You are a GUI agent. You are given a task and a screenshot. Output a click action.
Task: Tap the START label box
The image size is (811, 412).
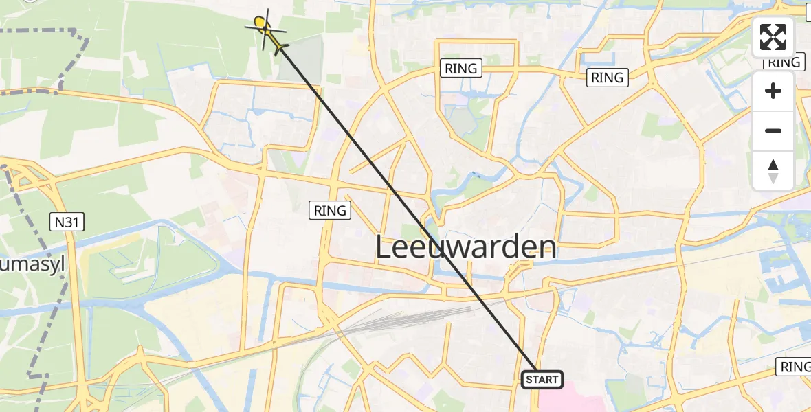pyautogui.click(x=542, y=380)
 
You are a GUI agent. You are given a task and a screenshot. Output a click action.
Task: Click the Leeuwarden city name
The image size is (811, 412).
pyautogui.click(x=465, y=248)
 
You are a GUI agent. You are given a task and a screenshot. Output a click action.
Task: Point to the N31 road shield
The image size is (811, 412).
pyautogui.click(x=67, y=221)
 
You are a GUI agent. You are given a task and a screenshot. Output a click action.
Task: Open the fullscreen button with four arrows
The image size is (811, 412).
pyautogui.click(x=773, y=37)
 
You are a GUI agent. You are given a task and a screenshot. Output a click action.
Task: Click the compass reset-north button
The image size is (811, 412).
pyautogui.click(x=773, y=171)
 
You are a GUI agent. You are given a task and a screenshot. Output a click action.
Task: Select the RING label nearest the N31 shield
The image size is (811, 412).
pyautogui.click(x=331, y=210)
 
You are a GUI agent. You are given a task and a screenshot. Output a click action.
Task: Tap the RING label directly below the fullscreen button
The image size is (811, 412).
pyautogui.click(x=784, y=62)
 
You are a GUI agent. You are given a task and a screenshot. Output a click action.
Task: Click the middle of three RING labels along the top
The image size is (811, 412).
pyautogui.click(x=608, y=78)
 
